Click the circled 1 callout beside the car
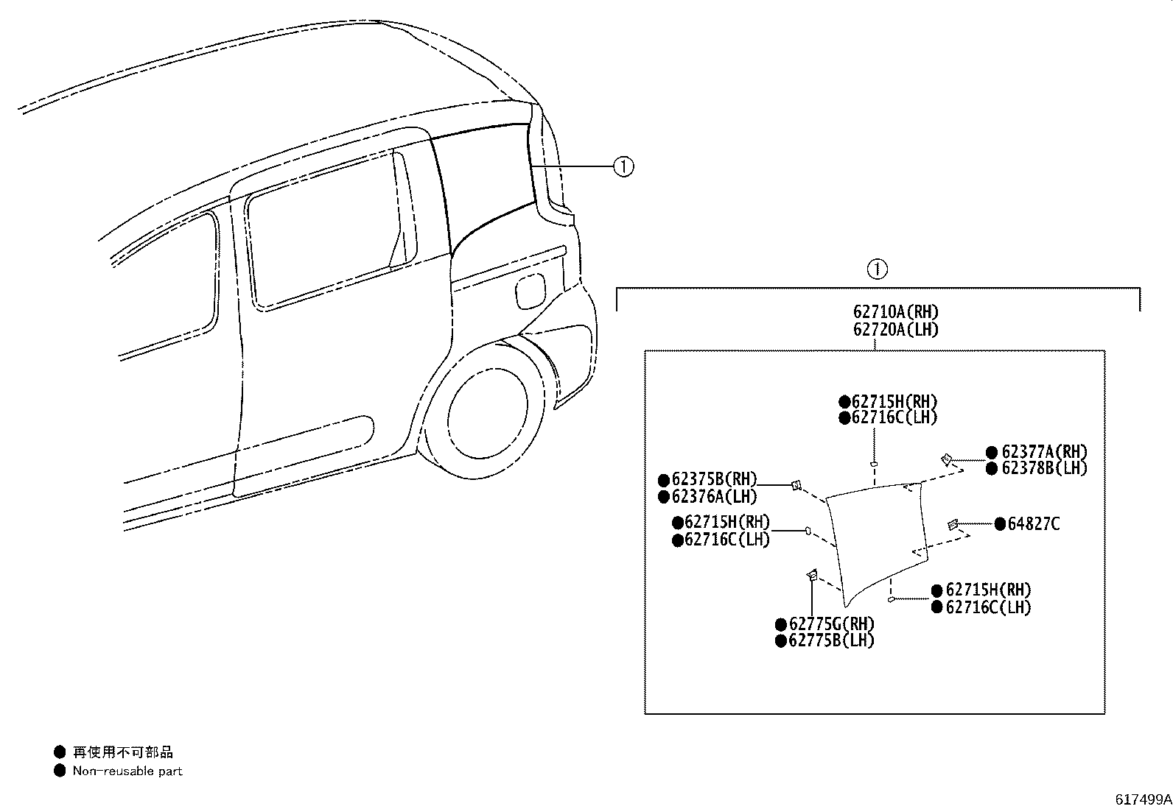click(623, 167)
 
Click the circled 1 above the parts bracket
click(878, 269)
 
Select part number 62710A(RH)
click(896, 312)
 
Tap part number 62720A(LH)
click(896, 330)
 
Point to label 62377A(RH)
click(1044, 451)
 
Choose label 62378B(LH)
click(1044, 468)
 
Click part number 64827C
click(1033, 524)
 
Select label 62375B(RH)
click(714, 478)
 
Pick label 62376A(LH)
click(714, 496)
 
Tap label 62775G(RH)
click(832, 623)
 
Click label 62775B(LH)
click(832, 640)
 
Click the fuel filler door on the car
click(531, 292)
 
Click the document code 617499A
click(1143, 799)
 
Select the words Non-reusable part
click(127, 771)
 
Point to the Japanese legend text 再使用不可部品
click(122, 752)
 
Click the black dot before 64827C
click(1000, 524)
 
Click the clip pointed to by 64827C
click(953, 524)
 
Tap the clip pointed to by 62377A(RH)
click(946, 459)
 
